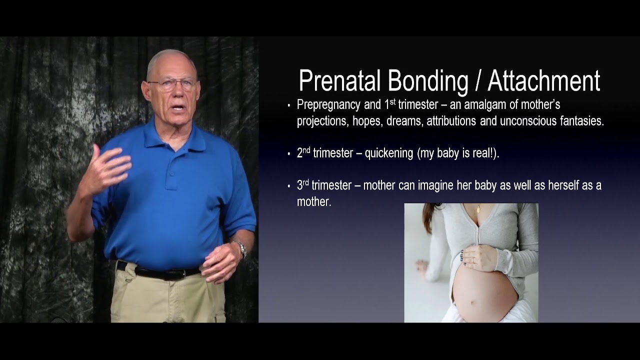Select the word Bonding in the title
click(x=427, y=81)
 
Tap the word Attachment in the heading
click(x=543, y=81)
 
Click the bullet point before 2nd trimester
click(x=289, y=154)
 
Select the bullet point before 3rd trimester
click(x=289, y=186)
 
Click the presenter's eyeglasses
click(x=172, y=84)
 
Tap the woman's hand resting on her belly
click(x=477, y=257)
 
